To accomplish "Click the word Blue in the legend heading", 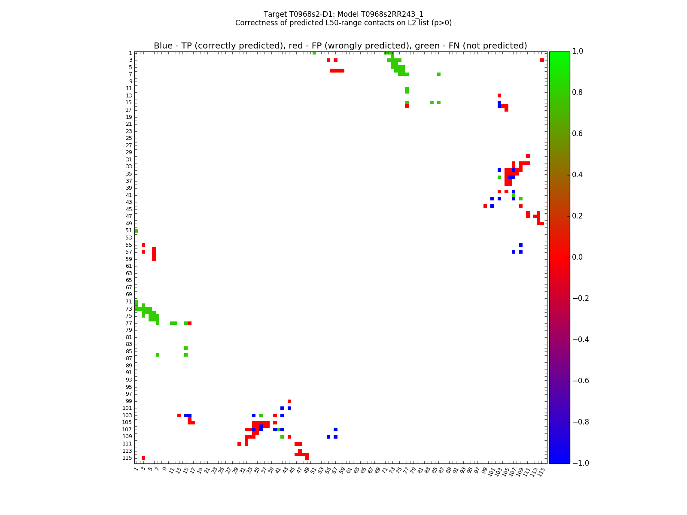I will (163, 46).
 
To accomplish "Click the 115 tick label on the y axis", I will (127, 458).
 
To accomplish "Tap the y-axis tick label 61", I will (129, 266).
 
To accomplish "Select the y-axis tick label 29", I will (129, 152).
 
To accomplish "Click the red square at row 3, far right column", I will (542, 60).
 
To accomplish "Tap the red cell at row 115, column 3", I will (143, 458).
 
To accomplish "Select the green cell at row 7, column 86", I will (438, 74).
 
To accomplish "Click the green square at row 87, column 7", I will (158, 355).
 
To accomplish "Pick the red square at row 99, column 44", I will (289, 401).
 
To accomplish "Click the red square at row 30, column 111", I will (528, 156).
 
